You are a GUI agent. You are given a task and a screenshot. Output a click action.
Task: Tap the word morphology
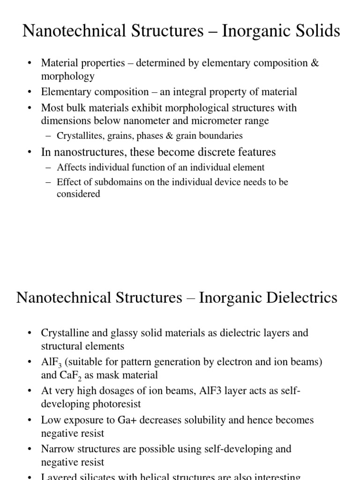(67, 76)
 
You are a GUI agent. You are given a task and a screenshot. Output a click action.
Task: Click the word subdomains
(102, 182)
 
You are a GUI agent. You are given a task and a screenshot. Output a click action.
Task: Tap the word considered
(78, 194)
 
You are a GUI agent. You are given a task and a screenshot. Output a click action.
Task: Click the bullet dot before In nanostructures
(30, 152)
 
